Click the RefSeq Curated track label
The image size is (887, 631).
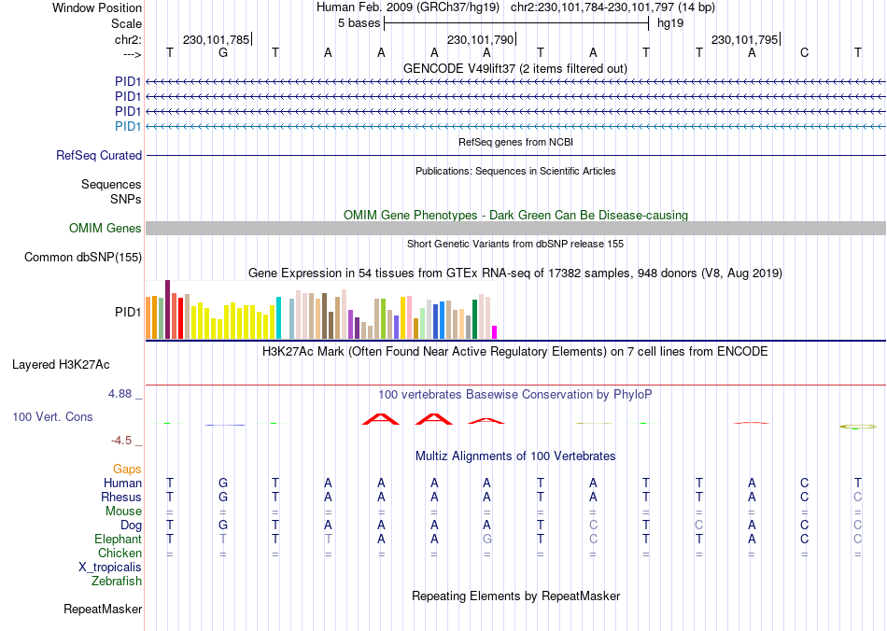pos(99,156)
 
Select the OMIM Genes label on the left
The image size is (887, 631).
pos(106,229)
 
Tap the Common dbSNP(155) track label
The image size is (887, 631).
pos(83,258)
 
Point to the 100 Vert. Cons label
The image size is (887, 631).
pos(52,416)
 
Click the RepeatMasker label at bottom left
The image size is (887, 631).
pos(103,610)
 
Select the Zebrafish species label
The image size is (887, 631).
pos(117,582)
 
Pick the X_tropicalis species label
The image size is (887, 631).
pos(110,568)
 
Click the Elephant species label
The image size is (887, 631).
pos(118,540)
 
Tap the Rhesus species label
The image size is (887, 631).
pos(121,498)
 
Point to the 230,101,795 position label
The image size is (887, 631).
pos(744,40)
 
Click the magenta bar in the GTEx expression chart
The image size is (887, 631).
pos(495,332)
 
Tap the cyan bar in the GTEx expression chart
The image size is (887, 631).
pos(278,317)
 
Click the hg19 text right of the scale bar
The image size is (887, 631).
pos(670,22)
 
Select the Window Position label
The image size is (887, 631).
pos(97,7)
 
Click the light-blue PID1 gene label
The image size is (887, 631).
pos(128,126)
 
